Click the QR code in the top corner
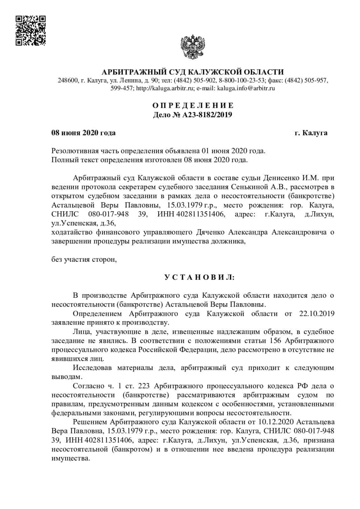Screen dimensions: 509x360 [x=31, y=31]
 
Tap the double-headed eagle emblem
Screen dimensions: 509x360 [x=193, y=47]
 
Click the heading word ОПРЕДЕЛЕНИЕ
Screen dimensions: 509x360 [x=193, y=105]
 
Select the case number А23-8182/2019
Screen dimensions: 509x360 [x=207, y=115]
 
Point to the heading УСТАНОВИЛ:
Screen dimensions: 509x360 [x=200, y=277]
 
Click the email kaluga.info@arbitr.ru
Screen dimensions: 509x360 [x=246, y=88]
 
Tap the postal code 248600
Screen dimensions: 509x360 [x=67, y=80]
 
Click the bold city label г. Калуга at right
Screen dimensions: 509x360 [x=311, y=133]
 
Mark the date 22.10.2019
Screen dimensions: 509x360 [x=317, y=314]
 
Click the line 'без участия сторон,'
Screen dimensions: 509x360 [x=84, y=260]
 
